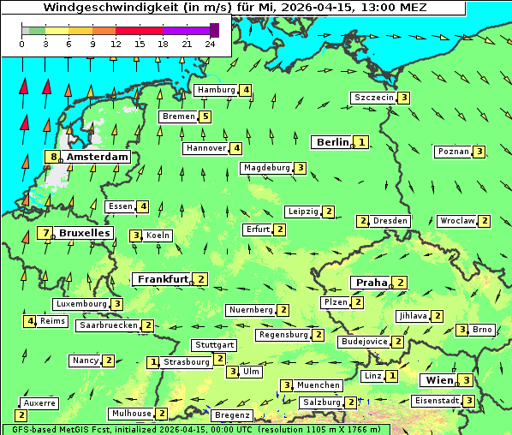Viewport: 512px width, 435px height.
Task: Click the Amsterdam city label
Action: (x=97, y=157)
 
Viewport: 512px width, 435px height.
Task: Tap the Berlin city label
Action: (x=332, y=142)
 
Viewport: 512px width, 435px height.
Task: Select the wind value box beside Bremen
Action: (x=205, y=116)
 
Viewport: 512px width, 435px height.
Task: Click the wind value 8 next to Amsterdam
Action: (x=54, y=157)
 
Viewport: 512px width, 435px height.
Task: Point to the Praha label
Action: (x=372, y=283)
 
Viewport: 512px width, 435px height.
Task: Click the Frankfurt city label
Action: (x=163, y=279)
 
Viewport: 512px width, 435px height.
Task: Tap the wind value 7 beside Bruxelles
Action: (x=46, y=233)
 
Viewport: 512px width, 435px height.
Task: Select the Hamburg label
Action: (x=216, y=90)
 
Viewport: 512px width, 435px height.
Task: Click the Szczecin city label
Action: (x=373, y=98)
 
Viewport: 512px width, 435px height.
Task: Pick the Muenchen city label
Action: (x=319, y=385)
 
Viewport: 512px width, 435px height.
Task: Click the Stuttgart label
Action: (x=214, y=345)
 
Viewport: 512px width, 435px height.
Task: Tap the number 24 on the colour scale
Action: (x=210, y=43)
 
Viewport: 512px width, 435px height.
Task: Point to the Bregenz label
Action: (x=232, y=415)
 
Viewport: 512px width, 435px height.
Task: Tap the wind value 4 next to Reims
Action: (x=30, y=321)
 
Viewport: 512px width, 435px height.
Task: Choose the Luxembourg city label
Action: (x=80, y=304)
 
